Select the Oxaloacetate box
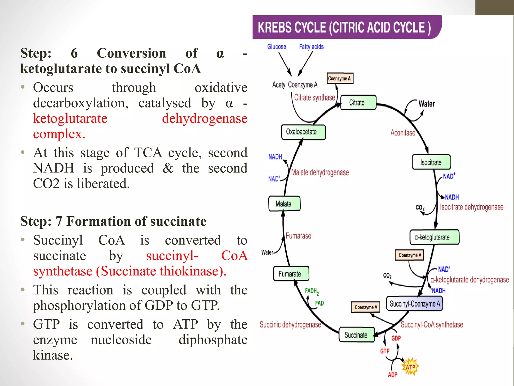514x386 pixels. click(303, 132)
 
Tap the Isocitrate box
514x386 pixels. click(431, 162)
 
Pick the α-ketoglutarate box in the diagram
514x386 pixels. click(434, 237)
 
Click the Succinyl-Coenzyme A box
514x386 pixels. click(415, 304)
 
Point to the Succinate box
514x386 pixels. click(356, 335)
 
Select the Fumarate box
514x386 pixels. click(291, 274)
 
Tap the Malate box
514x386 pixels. click(284, 204)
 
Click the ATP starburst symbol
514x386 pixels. click(410, 367)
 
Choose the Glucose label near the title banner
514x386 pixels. click(277, 47)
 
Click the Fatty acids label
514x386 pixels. click(311, 47)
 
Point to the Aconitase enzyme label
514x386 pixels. click(403, 133)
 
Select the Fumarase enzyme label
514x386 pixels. click(298, 236)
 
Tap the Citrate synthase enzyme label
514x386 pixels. click(314, 98)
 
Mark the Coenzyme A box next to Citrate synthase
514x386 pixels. click(340, 78)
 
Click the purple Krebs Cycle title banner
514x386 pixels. click(346, 27)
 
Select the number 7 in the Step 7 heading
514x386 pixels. click(59, 221)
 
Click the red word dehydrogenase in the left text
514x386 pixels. click(205, 118)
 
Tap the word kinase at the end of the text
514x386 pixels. click(53, 355)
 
